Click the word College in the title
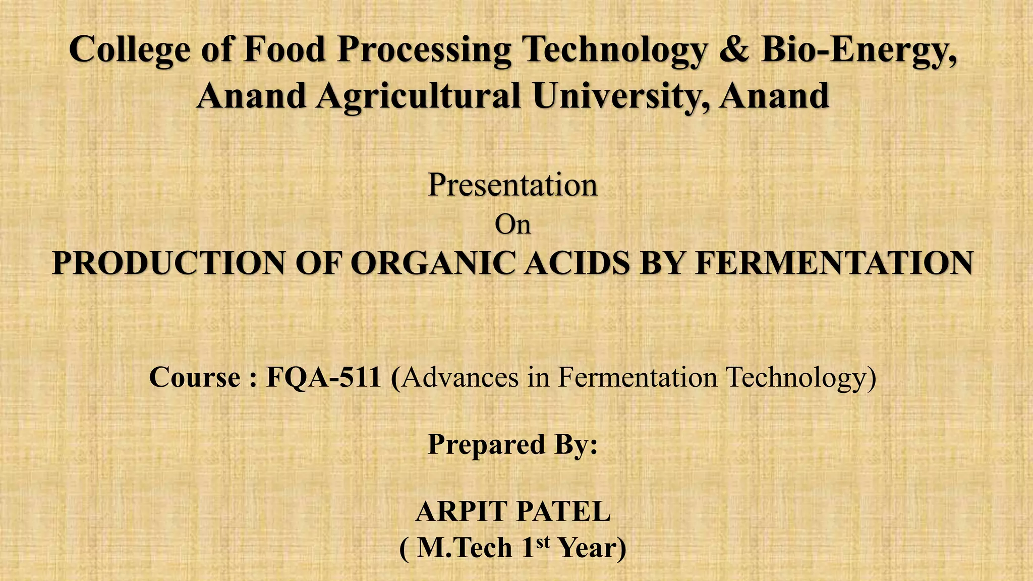tap(130, 50)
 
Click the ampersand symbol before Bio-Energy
tap(734, 50)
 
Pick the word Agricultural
tap(419, 96)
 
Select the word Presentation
tap(512, 185)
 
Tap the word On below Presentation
tap(512, 224)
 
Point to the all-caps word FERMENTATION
tap(834, 263)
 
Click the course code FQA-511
tap(323, 377)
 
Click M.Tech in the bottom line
tap(465, 548)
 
